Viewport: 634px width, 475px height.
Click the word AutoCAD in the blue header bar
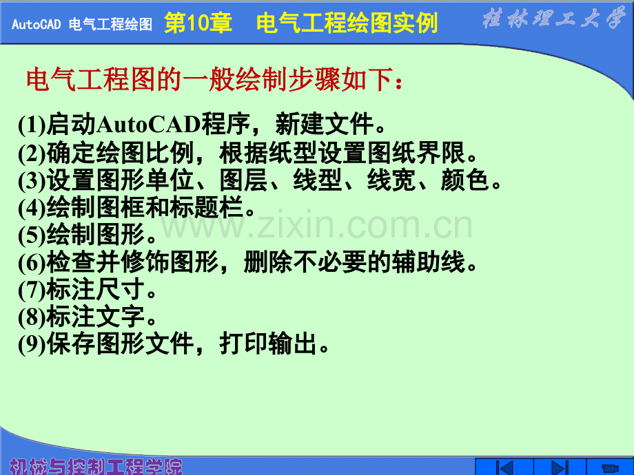(36, 24)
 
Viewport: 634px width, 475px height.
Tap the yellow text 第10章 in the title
(198, 23)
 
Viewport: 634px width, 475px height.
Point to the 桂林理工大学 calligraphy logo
(553, 18)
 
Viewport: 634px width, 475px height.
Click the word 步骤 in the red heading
(314, 78)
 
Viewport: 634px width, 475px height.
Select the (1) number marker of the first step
(32, 125)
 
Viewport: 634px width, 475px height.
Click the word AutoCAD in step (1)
(148, 124)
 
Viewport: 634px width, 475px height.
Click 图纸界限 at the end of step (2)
(416, 153)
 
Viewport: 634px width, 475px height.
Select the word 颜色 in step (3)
(465, 180)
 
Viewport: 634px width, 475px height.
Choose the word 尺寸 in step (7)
(120, 289)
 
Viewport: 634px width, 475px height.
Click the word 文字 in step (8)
(120, 317)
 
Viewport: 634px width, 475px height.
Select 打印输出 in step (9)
(268, 344)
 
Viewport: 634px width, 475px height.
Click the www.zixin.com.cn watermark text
(316, 225)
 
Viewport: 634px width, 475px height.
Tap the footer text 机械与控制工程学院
(95, 467)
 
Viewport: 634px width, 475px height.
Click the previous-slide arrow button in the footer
(504, 467)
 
